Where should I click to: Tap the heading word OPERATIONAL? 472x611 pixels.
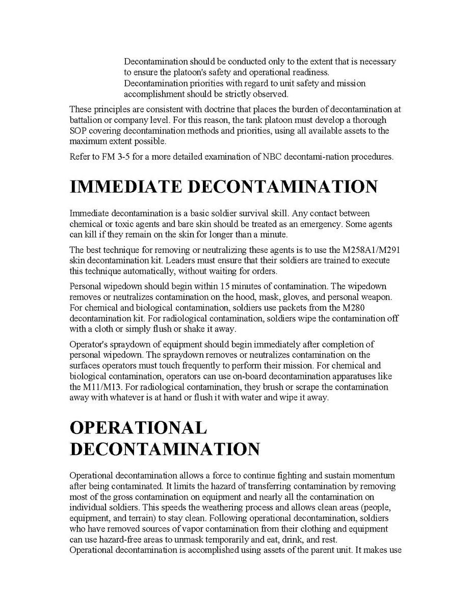tap(138, 427)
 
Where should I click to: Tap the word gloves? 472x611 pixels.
tap(302, 296)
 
